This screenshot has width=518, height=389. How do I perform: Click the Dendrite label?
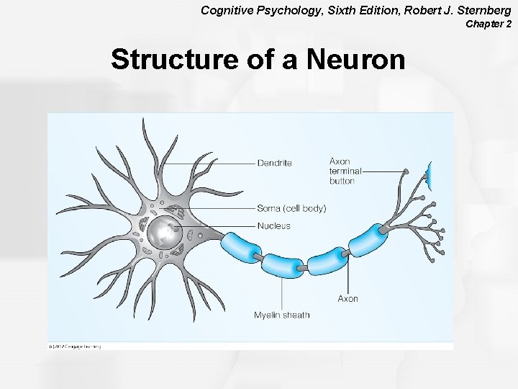pos(274,163)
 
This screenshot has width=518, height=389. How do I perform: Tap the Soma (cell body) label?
pos(291,209)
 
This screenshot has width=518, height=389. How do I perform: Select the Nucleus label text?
pos(273,226)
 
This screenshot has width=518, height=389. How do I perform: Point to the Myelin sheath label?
pos(281,315)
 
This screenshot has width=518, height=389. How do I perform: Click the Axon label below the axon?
pos(347,299)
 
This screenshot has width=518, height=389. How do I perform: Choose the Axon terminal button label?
pos(345,171)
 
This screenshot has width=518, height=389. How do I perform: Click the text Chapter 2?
pos(489,24)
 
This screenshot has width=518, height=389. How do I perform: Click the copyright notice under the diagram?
pos(75,346)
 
